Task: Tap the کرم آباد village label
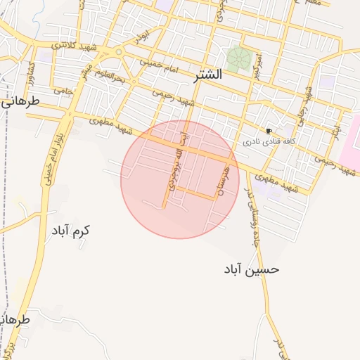click(70, 230)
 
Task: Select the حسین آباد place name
click(252, 269)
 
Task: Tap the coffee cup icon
click(269, 131)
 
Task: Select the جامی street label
click(64, 91)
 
